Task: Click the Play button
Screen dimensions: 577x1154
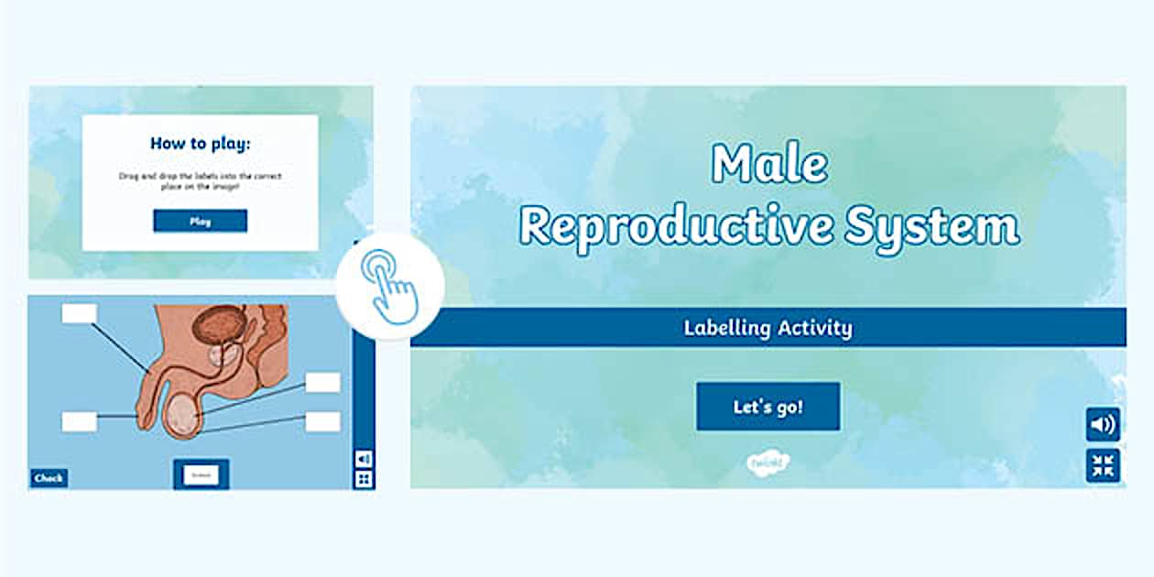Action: pyautogui.click(x=200, y=221)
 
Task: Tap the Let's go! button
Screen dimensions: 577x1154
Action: pyautogui.click(x=768, y=407)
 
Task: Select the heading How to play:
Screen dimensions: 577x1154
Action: pyautogui.click(x=200, y=144)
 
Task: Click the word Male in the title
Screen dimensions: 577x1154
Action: pyautogui.click(x=769, y=165)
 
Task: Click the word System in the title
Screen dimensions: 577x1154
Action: pyautogui.click(x=931, y=225)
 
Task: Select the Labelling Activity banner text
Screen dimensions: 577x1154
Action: pyautogui.click(x=768, y=328)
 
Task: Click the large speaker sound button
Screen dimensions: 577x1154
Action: pyautogui.click(x=1103, y=424)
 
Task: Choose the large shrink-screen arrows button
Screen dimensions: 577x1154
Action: pyautogui.click(x=1103, y=465)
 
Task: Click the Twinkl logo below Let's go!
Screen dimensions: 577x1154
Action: pyautogui.click(x=768, y=461)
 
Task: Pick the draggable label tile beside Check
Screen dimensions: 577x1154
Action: pyautogui.click(x=201, y=474)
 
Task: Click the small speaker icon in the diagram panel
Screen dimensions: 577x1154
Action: pyautogui.click(x=364, y=458)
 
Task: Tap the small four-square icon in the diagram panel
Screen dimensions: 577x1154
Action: pyautogui.click(x=364, y=479)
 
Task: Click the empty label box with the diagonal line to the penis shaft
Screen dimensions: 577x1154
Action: pyautogui.click(x=79, y=313)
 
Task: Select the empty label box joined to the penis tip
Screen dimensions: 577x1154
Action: pyautogui.click(x=79, y=421)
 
